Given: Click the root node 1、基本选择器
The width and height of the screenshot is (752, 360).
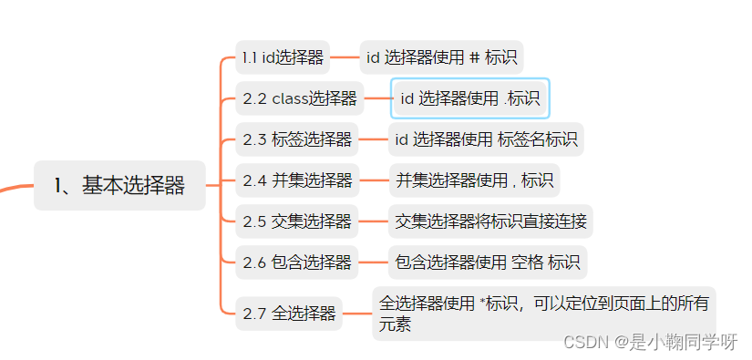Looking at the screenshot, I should point(119,186).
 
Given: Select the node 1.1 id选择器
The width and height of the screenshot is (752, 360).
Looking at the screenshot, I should point(283,58).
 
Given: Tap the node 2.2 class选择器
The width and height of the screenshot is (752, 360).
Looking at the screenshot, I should point(299,98).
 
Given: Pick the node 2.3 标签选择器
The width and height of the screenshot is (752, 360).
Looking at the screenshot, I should point(297,139).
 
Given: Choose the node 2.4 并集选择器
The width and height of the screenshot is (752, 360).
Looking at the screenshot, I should point(297,180).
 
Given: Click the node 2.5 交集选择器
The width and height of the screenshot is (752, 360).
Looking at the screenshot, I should point(297,221).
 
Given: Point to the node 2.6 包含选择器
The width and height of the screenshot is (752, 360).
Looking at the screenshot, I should point(297,262).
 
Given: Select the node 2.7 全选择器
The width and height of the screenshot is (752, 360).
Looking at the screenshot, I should point(289,314).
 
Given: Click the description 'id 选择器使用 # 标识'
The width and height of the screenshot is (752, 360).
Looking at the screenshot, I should point(441,58).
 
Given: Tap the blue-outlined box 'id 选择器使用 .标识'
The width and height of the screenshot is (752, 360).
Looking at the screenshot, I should point(469,98).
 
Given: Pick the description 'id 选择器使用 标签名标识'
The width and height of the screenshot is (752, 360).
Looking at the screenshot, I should point(486,139).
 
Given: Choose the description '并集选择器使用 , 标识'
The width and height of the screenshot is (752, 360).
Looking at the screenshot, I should point(474,180).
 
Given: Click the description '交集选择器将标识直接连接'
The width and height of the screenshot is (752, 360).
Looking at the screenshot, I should point(490,221).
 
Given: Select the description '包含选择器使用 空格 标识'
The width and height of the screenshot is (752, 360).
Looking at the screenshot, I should point(488,262).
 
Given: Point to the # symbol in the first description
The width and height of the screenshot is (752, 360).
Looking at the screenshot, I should point(474,58).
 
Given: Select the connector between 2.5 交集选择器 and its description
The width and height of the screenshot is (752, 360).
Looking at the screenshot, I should point(374,221).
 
